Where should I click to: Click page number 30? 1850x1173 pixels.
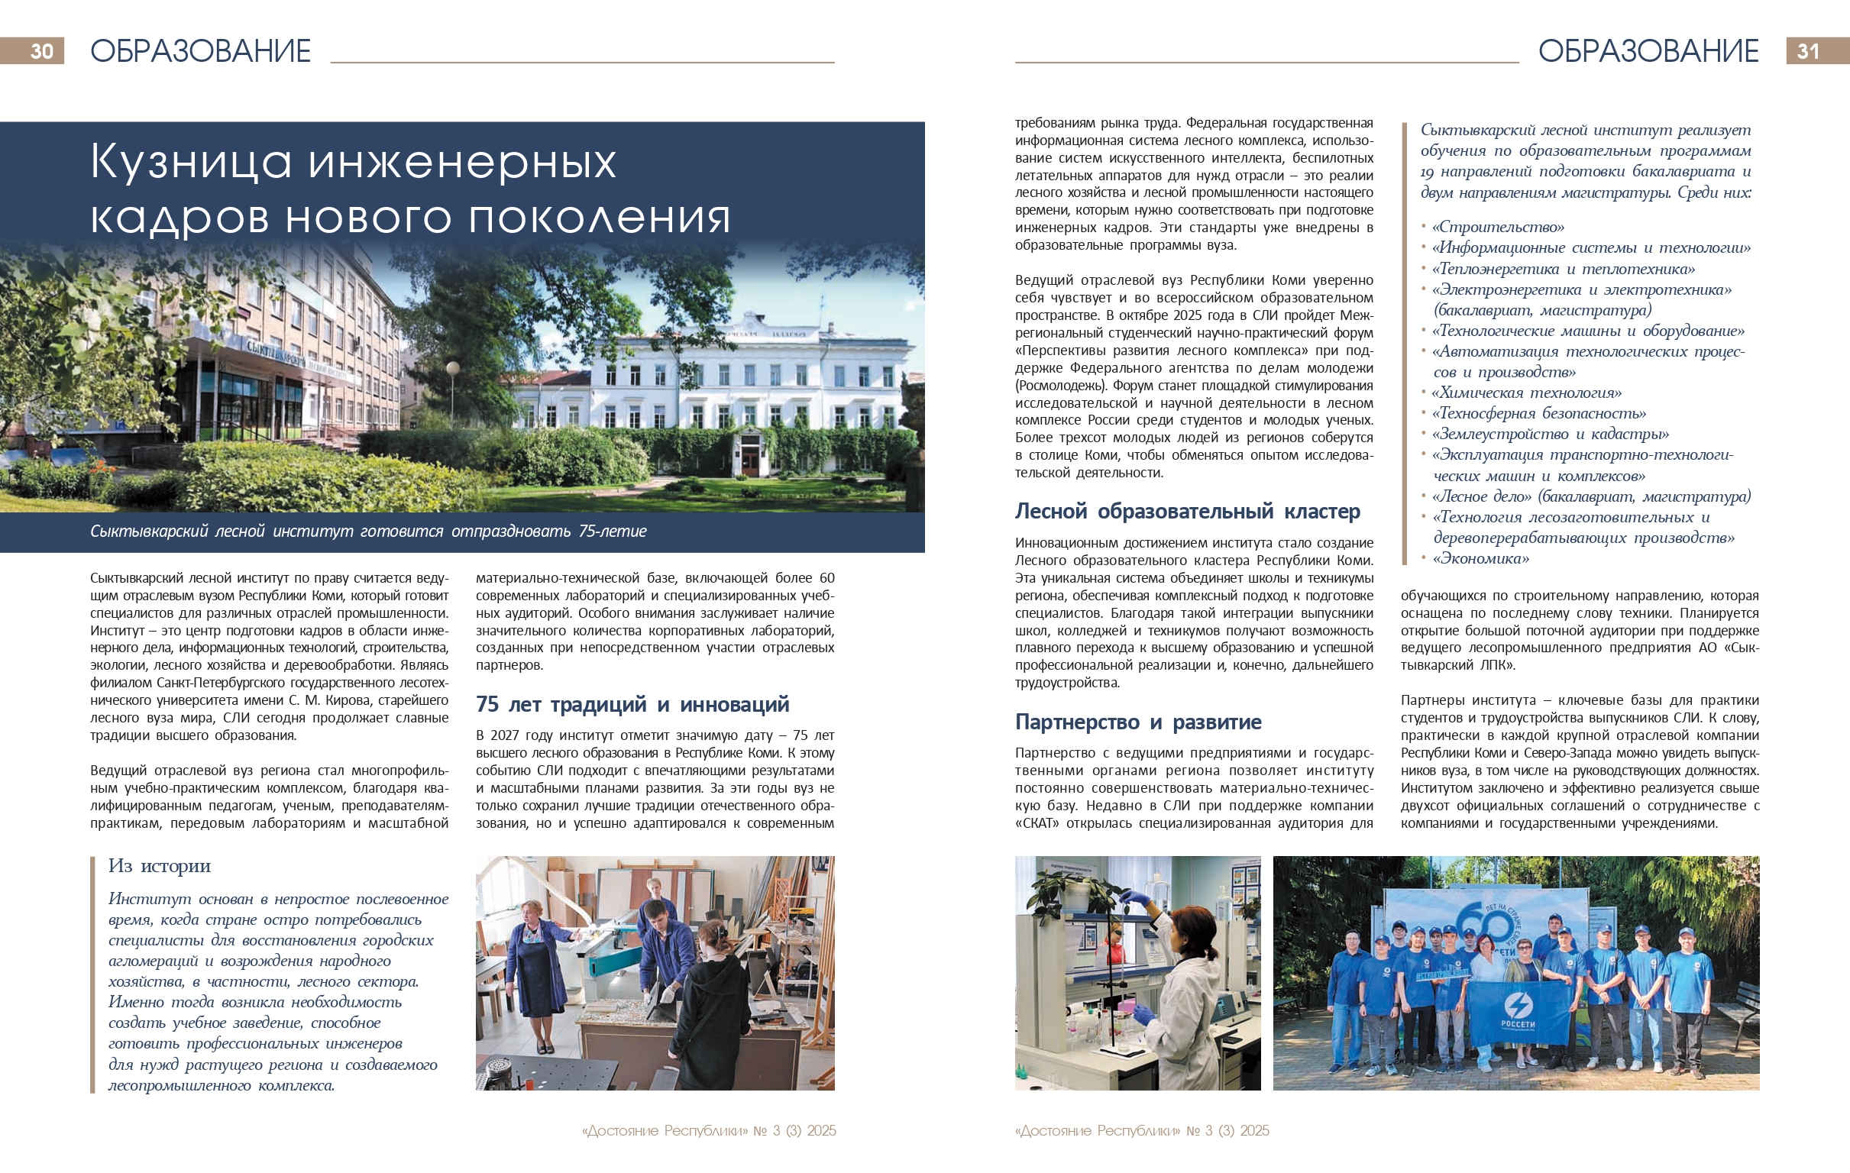[x=41, y=50]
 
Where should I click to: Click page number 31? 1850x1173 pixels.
[x=1808, y=50]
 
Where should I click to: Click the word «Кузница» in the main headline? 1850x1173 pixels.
[x=190, y=162]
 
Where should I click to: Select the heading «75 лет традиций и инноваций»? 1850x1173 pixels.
[x=632, y=703]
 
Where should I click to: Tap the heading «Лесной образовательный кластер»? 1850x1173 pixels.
[x=1187, y=511]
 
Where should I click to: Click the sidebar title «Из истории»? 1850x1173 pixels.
[x=159, y=866]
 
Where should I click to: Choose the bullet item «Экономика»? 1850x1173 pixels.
[x=1483, y=558]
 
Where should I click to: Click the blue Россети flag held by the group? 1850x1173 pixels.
[x=1518, y=1013]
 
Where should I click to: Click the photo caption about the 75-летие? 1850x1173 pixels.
[x=369, y=531]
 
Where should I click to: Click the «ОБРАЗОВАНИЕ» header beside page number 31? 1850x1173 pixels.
[x=1648, y=50]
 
